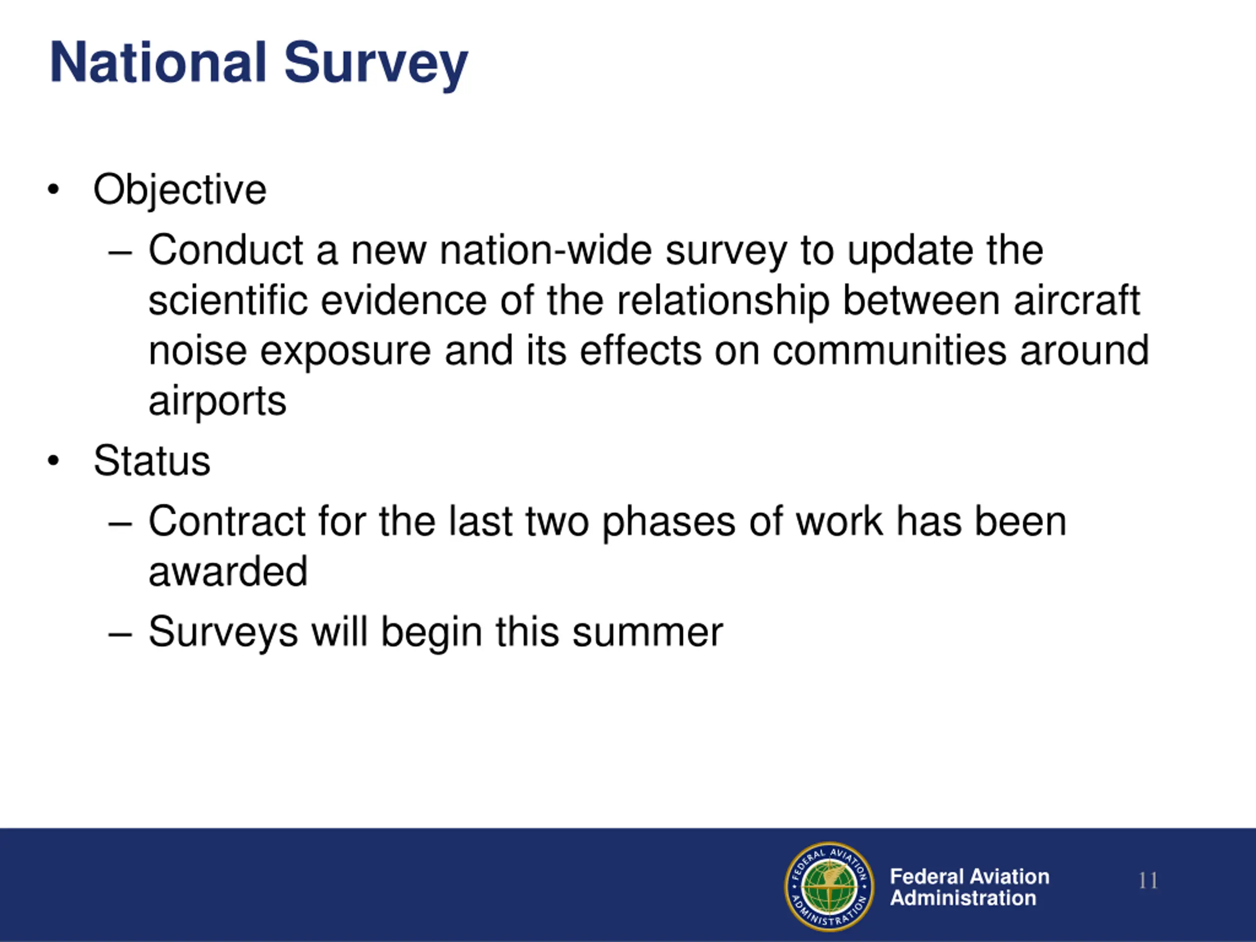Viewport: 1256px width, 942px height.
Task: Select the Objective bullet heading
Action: tap(180, 191)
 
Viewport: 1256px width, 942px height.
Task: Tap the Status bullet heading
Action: tap(152, 461)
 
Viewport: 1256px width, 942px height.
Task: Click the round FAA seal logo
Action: tap(830, 887)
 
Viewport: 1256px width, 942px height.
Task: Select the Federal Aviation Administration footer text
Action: tap(969, 887)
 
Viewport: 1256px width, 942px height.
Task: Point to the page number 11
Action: tap(1148, 881)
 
